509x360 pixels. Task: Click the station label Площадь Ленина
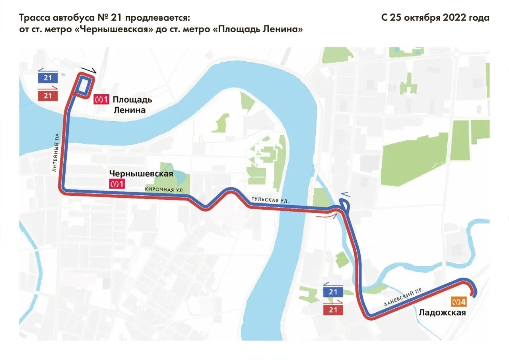pyautogui.click(x=132, y=105)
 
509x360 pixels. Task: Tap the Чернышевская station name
pyautogui.click(x=141, y=174)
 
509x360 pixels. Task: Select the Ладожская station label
pyautogui.click(x=442, y=312)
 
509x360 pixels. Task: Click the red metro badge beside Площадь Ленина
pyautogui.click(x=101, y=99)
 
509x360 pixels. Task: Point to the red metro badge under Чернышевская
pyautogui.click(x=117, y=184)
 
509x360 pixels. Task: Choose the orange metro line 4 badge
pyautogui.click(x=458, y=302)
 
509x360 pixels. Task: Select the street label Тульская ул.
pyautogui.click(x=270, y=200)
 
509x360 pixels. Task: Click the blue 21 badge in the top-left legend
pyautogui.click(x=48, y=78)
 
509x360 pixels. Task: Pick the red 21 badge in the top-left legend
pyautogui.click(x=48, y=95)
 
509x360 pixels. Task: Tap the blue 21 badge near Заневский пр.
pyautogui.click(x=333, y=292)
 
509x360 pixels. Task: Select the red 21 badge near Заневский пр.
pyautogui.click(x=333, y=309)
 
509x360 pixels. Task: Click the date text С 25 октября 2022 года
pyautogui.click(x=435, y=18)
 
